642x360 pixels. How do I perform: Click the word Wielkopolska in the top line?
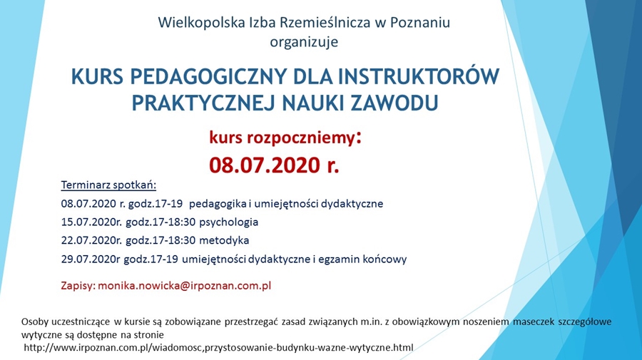[201, 23]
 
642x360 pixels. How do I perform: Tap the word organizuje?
[304, 42]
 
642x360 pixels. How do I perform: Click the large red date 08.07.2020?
[265, 165]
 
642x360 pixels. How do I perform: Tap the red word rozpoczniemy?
[300, 138]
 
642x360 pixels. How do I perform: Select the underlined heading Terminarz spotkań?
[108, 185]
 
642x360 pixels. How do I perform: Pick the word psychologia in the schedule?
[228, 222]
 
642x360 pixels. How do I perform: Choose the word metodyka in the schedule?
[224, 240]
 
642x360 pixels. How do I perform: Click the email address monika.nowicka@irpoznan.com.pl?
[184, 286]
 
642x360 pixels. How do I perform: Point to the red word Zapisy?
[78, 286]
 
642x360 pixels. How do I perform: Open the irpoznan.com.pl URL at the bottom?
[219, 348]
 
